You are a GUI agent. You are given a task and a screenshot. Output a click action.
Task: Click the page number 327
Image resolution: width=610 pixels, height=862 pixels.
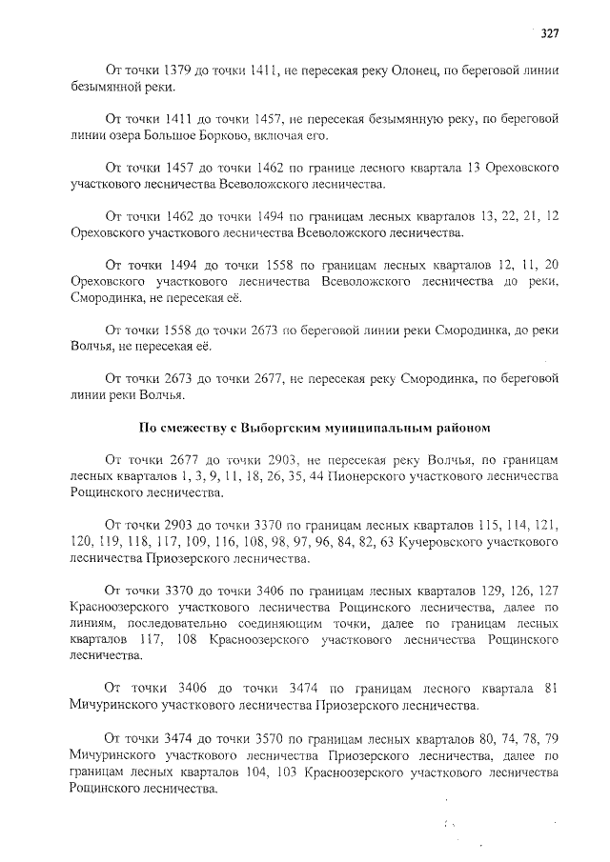(548, 33)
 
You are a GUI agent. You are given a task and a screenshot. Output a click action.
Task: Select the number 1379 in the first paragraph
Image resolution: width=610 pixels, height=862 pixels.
(181, 70)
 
